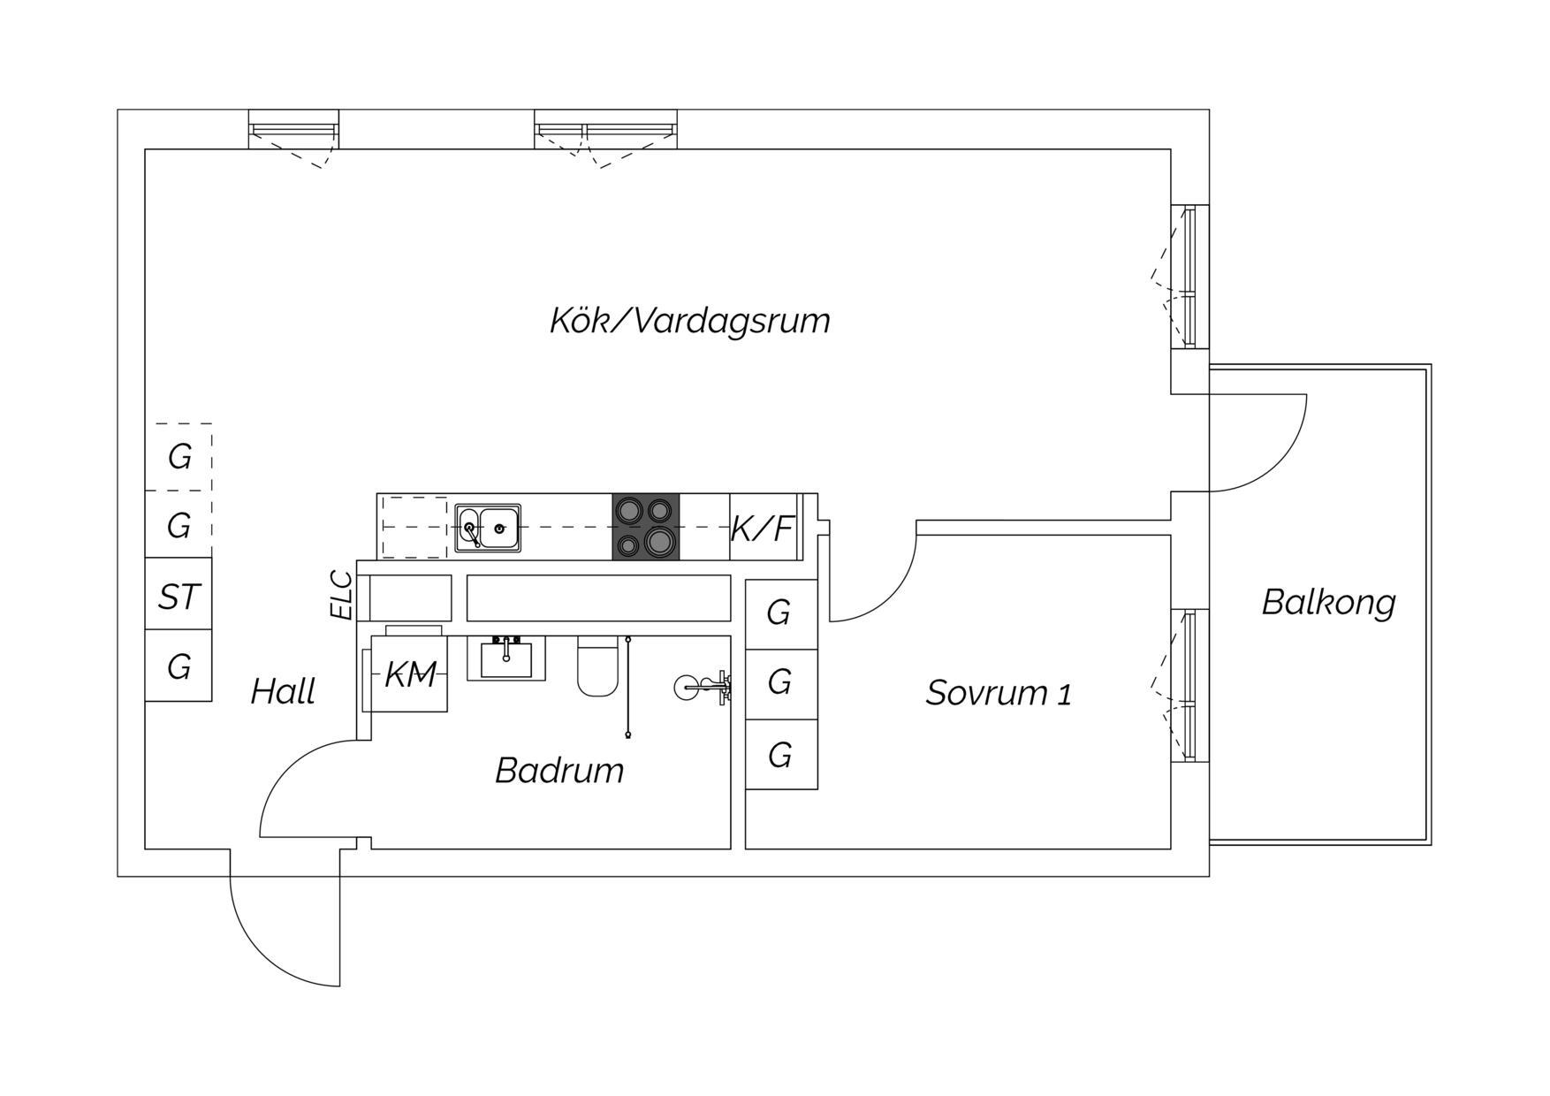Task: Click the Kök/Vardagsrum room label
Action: click(690, 321)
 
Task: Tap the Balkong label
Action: click(1328, 603)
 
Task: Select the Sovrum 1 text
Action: click(999, 693)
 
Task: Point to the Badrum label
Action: click(559, 771)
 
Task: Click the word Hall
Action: click(283, 691)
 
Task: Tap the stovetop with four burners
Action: click(646, 527)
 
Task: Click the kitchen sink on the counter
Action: click(488, 529)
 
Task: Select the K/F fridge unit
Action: click(764, 528)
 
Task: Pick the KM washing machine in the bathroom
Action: click(409, 674)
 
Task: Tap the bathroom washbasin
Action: click(506, 658)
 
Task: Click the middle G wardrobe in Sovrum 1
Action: click(781, 684)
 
